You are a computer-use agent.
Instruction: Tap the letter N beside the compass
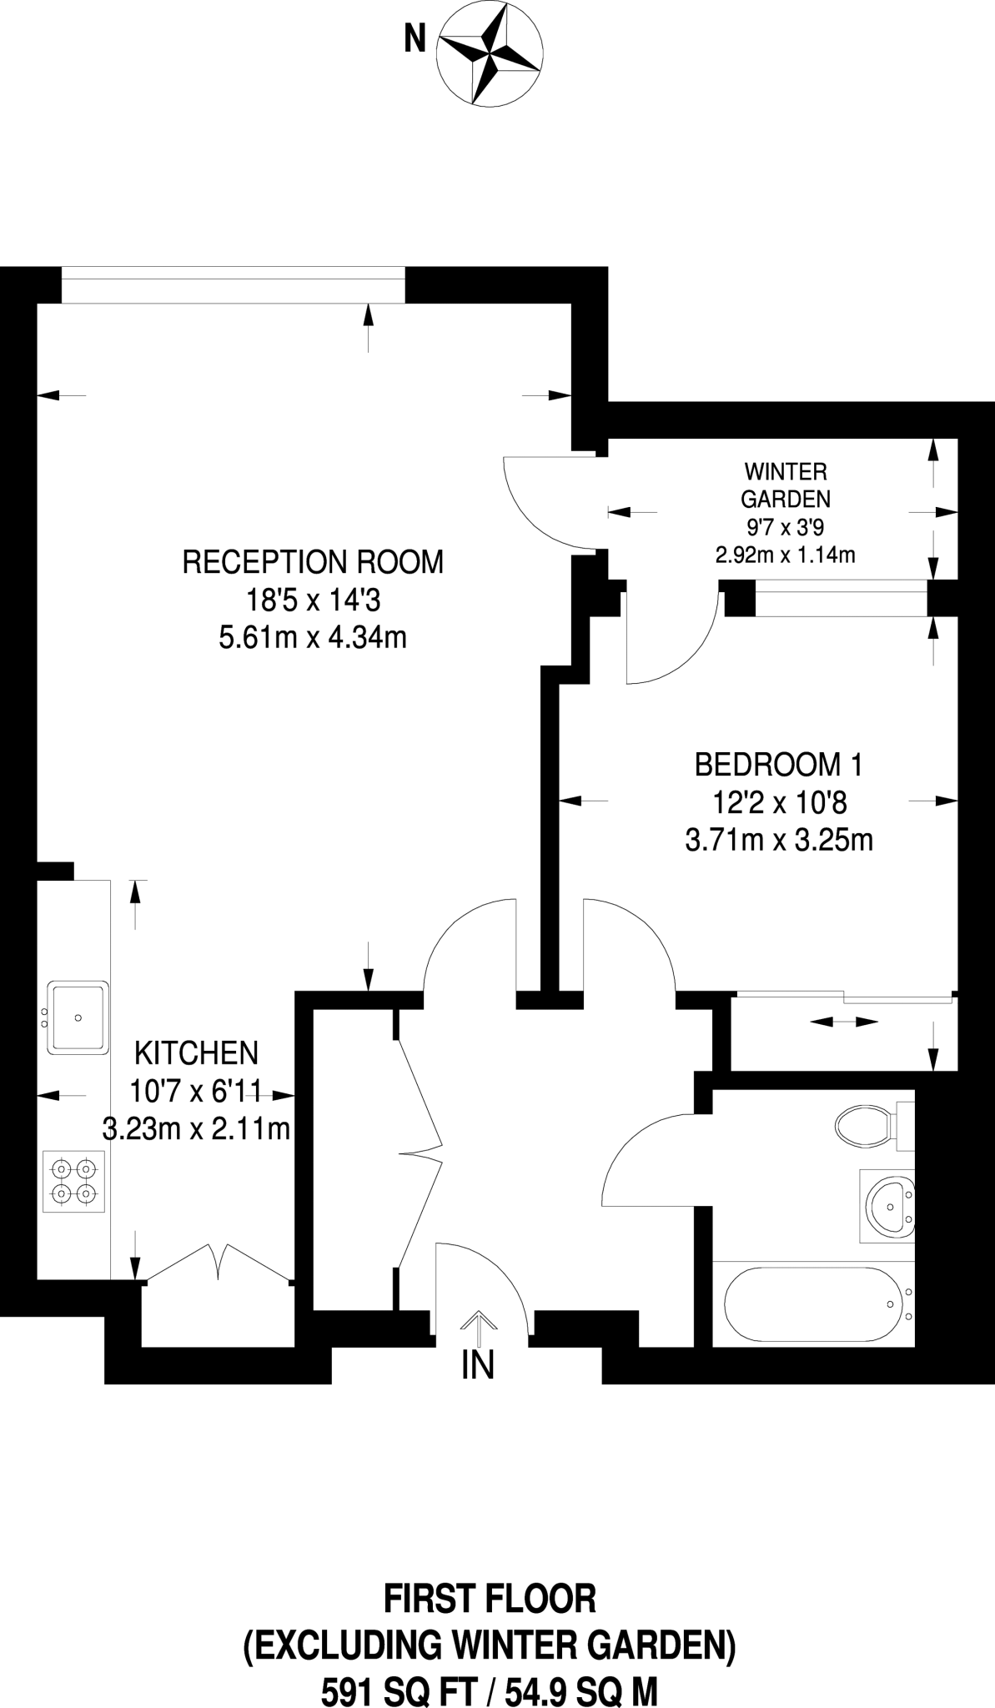click(x=415, y=39)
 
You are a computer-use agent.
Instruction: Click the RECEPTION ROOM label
click(x=313, y=562)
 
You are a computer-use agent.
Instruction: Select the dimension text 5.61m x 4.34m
click(x=313, y=639)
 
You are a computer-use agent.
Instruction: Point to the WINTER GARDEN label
click(x=786, y=485)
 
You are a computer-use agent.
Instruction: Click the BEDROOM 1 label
click(x=779, y=763)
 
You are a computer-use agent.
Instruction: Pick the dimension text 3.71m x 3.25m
click(x=779, y=840)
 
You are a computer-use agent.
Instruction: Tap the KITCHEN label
click(x=197, y=1052)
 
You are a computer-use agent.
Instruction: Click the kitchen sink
click(x=79, y=1017)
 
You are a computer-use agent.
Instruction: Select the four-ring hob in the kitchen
click(x=74, y=1182)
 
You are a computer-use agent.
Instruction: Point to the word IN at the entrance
click(x=478, y=1365)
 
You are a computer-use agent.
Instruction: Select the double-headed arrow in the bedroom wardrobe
click(x=843, y=1021)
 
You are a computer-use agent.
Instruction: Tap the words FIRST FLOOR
click(x=490, y=1599)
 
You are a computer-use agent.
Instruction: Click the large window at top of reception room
click(x=233, y=285)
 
